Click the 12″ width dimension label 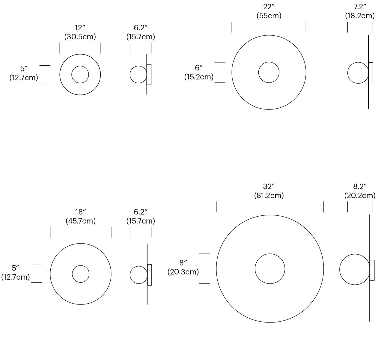80,28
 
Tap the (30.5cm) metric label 80,37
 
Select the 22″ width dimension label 269,7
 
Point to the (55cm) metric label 269,16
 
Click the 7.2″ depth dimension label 360,7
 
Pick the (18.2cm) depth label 360,16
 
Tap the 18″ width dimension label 80,212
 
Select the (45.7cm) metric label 81,221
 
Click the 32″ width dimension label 269,186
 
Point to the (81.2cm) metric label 269,196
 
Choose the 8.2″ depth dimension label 360,186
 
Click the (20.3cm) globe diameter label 183,272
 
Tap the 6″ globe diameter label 199,68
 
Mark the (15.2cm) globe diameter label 199,77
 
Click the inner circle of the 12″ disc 80,66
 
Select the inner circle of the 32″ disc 270,254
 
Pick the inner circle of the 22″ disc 269,62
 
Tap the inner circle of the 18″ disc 81,265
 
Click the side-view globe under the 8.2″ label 355,254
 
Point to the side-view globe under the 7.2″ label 358,62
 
